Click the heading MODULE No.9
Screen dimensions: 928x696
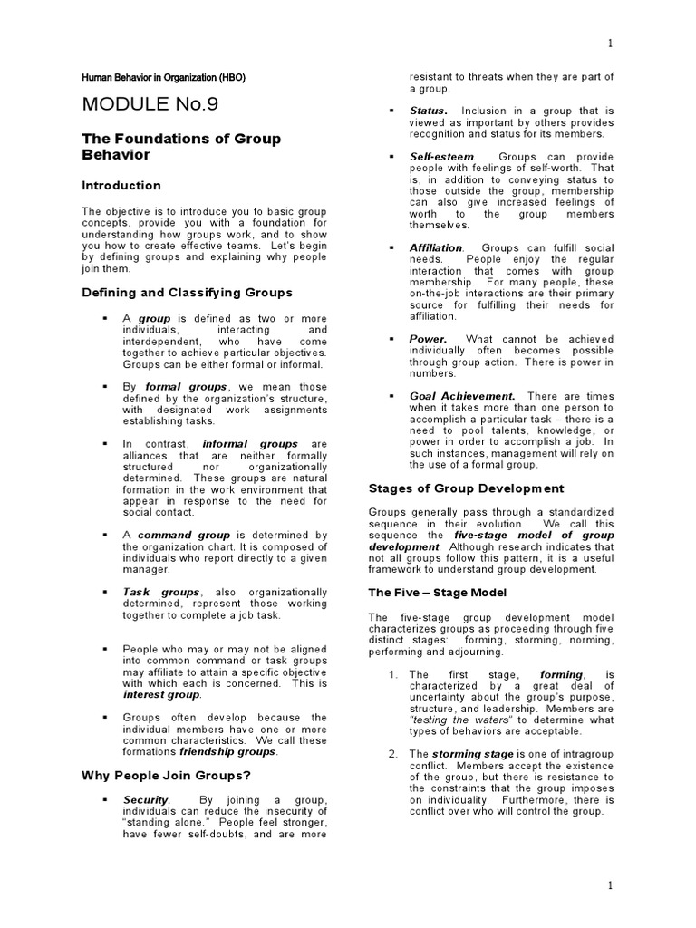pyautogui.click(x=150, y=103)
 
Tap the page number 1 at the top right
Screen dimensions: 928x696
pyautogui.click(x=610, y=43)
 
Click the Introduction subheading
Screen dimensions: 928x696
pyautogui.click(x=121, y=186)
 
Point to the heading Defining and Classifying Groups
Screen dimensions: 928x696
pyautogui.click(x=188, y=293)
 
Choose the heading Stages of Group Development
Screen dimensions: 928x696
pyautogui.click(x=466, y=488)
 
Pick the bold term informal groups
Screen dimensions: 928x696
pyautogui.click(x=250, y=444)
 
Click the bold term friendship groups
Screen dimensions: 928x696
pyautogui.click(x=227, y=751)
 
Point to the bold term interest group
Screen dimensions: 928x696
pyautogui.click(x=161, y=695)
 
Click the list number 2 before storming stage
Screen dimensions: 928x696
pyautogui.click(x=391, y=754)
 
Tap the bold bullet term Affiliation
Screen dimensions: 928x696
pyautogui.click(x=436, y=247)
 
